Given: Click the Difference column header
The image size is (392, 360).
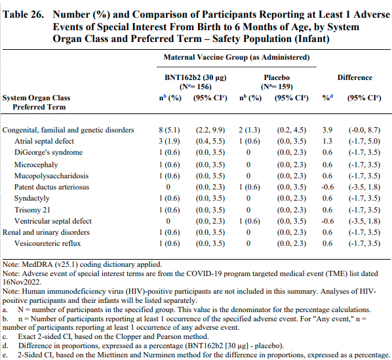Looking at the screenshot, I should point(355,77).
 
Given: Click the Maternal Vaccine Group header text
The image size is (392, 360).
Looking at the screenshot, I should point(236,58).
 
